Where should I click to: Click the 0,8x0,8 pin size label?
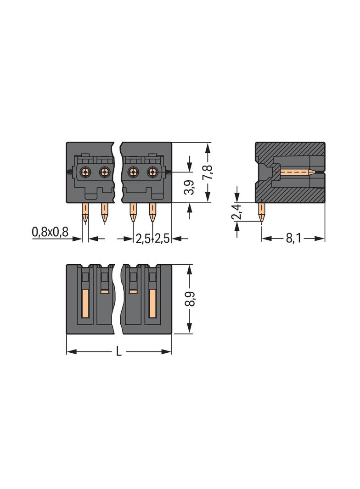click(x=50, y=232)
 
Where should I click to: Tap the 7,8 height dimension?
click(x=208, y=172)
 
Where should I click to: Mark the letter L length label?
click(x=118, y=352)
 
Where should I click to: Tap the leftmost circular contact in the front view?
click(x=85, y=172)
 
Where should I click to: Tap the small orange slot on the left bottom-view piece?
click(x=105, y=291)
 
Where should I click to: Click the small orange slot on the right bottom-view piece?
click(x=133, y=291)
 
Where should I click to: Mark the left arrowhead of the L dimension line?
click(x=70, y=352)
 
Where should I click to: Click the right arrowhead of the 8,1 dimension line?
click(x=322, y=239)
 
